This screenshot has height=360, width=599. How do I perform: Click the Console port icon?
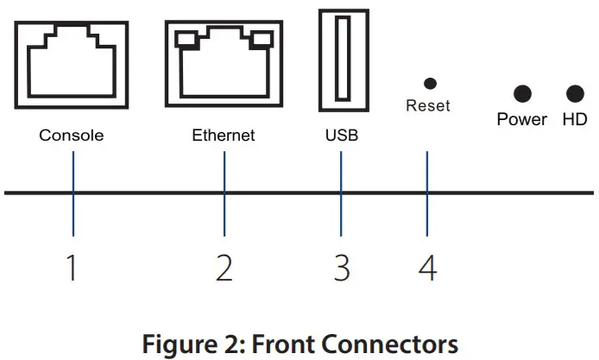point(73,66)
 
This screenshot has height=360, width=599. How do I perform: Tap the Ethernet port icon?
point(224,66)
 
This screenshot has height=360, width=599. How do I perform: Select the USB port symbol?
point(342,60)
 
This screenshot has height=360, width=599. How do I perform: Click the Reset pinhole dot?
point(429,83)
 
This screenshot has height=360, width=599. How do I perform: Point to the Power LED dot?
point(521,93)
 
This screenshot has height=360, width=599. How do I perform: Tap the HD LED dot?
point(574,93)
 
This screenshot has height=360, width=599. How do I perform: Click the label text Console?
point(72,136)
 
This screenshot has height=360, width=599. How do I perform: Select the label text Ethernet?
point(224,136)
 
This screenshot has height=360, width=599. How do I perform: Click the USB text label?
point(341,136)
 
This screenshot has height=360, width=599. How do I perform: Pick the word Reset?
point(428,107)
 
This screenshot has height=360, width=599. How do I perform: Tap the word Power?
point(521,119)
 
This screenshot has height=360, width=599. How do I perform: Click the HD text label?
point(574,119)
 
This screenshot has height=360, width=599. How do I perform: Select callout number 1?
point(73,268)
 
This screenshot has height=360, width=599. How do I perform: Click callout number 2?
point(224,268)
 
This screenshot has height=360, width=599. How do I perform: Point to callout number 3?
point(342,268)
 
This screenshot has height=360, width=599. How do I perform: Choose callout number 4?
point(427,268)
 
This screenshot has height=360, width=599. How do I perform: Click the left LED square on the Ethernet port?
point(183,38)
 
